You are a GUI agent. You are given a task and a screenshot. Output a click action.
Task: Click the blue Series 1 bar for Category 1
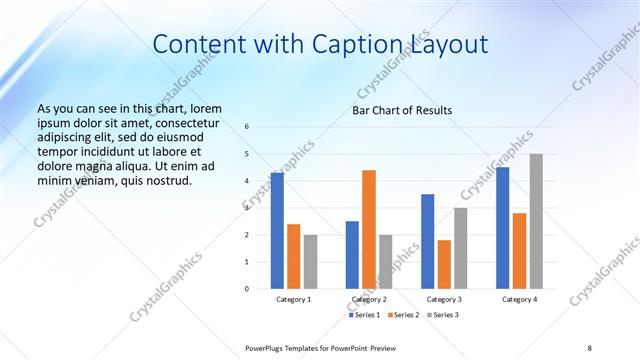click(277, 230)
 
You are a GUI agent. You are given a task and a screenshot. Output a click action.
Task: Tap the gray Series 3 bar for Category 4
click(536, 221)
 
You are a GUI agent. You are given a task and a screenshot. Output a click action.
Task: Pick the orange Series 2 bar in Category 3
click(444, 264)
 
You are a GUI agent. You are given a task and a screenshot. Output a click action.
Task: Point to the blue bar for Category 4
click(502, 227)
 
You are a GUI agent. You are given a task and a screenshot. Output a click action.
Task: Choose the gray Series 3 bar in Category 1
click(311, 261)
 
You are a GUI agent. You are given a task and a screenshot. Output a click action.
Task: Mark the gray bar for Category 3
click(461, 248)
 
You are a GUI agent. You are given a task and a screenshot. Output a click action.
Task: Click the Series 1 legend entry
click(364, 315)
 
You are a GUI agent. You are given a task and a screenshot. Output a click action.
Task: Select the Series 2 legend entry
click(402, 315)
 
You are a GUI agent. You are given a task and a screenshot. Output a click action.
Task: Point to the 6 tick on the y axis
click(247, 127)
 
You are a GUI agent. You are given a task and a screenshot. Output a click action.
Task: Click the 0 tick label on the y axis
click(247, 289)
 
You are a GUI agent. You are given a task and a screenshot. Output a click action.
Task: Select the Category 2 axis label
click(369, 299)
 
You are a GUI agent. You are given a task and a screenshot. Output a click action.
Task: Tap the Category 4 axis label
click(519, 299)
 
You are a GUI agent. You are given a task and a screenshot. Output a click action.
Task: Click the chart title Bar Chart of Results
click(401, 110)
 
